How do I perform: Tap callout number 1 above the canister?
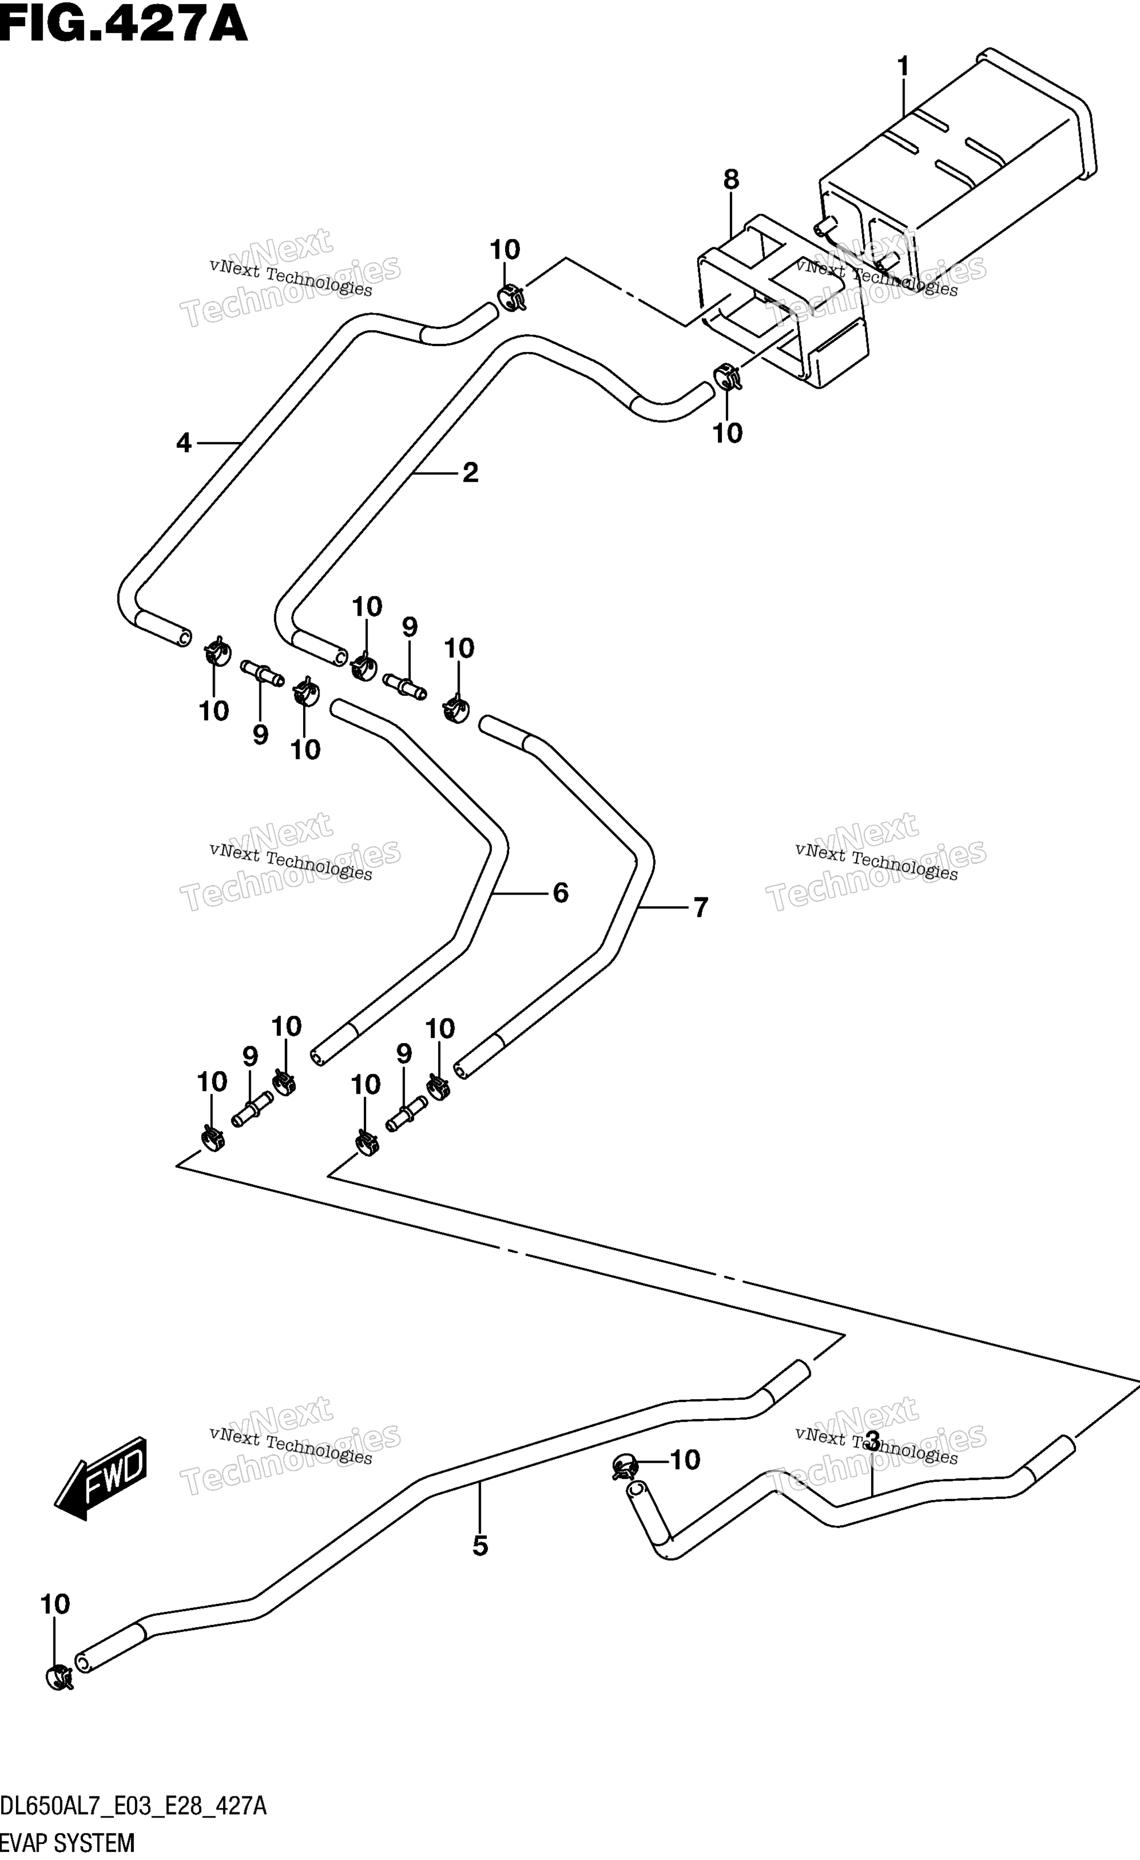(903, 66)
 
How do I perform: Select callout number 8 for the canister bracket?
(730, 180)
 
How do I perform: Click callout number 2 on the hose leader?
(470, 473)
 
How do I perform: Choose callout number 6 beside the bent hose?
(561, 893)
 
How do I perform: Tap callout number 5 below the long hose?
(480, 1546)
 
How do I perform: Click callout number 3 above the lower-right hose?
(872, 1441)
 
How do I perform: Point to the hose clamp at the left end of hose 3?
(625, 1466)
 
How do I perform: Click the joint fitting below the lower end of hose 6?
(253, 1110)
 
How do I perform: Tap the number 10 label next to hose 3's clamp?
(684, 1460)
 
